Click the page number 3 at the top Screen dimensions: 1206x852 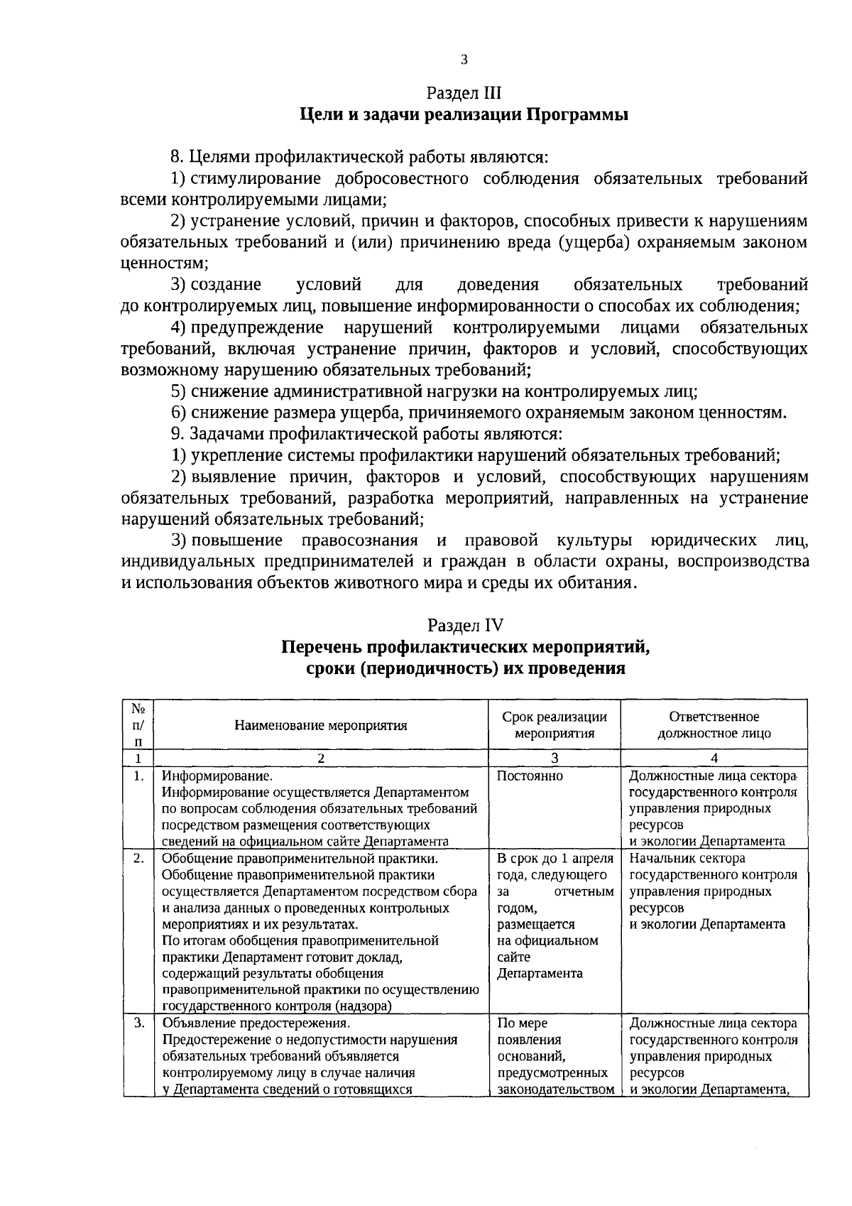(x=464, y=60)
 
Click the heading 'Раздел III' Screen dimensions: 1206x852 (x=464, y=93)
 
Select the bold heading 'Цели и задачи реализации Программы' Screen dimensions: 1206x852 (x=464, y=115)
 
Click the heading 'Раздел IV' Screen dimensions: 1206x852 (x=465, y=625)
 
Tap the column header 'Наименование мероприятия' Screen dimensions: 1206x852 (x=321, y=725)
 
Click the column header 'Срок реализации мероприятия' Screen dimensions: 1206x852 (x=554, y=725)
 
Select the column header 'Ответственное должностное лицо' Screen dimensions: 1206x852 (x=714, y=725)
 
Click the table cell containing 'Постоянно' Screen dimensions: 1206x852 (x=530, y=776)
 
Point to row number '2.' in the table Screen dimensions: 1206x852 (x=138, y=859)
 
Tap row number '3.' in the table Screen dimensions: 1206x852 (x=138, y=1023)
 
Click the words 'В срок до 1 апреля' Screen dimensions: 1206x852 (x=555, y=859)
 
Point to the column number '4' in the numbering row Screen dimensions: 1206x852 (x=714, y=758)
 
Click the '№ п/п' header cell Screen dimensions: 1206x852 (x=138, y=725)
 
